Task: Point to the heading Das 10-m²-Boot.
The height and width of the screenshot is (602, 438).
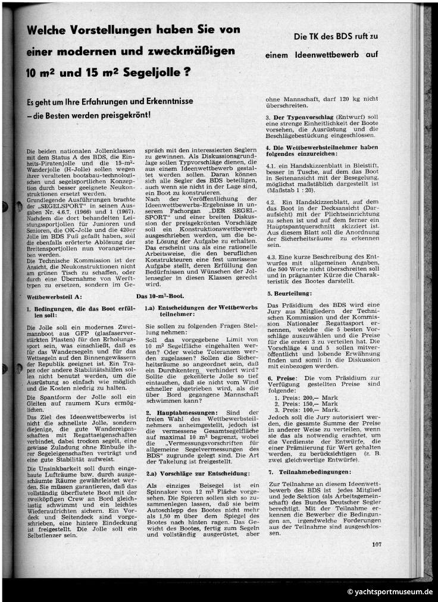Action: [160, 296]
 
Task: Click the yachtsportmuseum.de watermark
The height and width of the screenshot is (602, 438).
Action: [390, 592]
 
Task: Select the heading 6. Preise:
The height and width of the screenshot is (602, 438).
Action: [283, 378]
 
